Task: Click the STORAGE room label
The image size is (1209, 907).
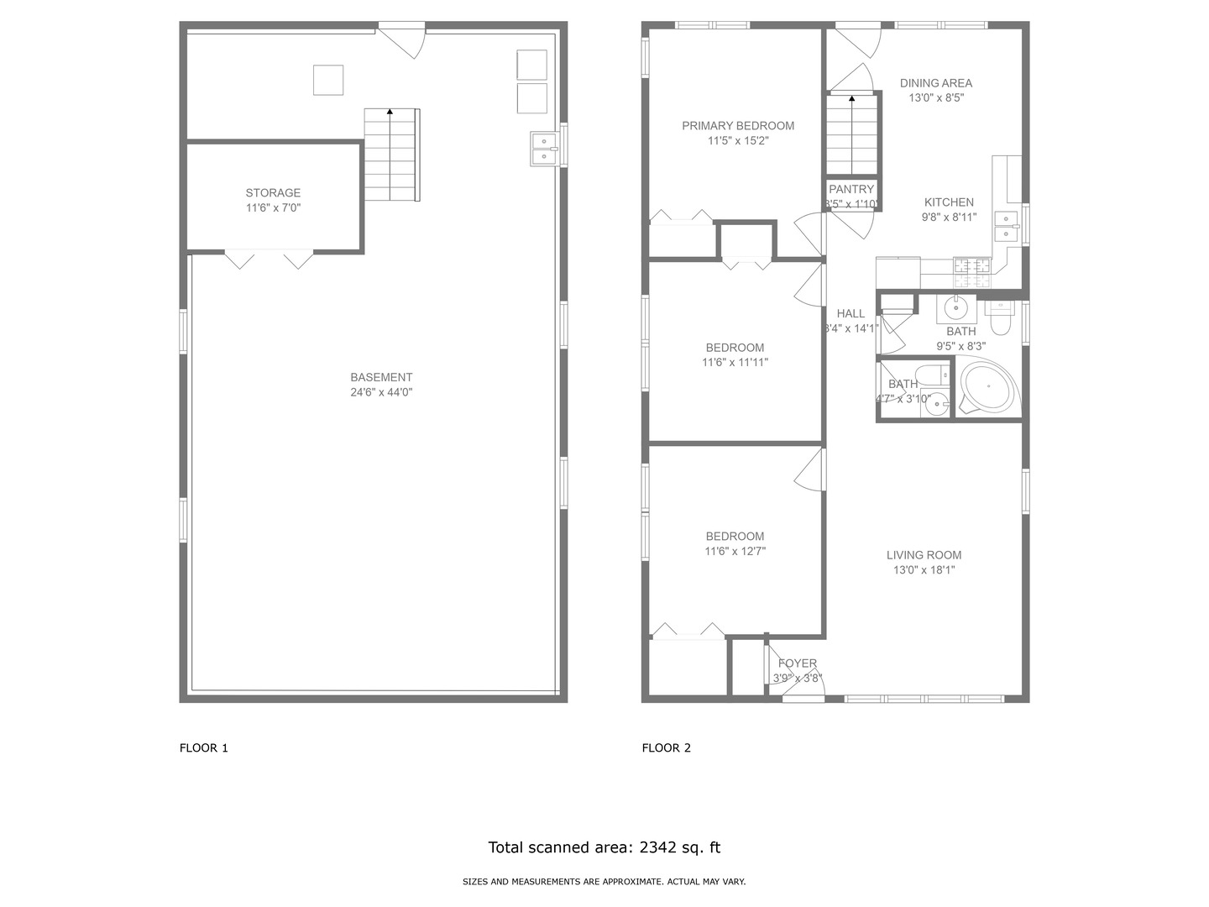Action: point(273,193)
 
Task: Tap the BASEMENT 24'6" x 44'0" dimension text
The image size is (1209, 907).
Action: point(381,392)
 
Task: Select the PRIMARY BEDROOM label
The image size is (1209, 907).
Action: point(737,126)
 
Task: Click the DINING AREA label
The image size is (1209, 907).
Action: point(935,83)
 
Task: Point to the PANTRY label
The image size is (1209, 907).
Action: point(851,190)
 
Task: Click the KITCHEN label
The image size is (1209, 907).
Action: point(949,202)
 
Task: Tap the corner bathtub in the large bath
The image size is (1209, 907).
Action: point(988,387)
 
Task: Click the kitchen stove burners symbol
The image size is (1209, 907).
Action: point(972,266)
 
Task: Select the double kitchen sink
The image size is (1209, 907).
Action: point(1006,227)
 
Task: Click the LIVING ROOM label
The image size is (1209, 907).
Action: point(924,555)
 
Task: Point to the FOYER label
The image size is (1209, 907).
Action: point(797,663)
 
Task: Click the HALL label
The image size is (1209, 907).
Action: point(850,314)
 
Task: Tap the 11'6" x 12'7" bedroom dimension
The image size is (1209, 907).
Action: point(735,552)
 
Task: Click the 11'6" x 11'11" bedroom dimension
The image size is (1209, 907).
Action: point(735,363)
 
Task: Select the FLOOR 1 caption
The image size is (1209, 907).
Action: point(203,748)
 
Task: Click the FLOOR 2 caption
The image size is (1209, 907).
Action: point(666,748)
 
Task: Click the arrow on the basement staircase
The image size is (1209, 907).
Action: point(390,111)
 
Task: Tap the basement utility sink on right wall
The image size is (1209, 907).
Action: point(544,149)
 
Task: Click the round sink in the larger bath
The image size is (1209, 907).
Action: point(955,308)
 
